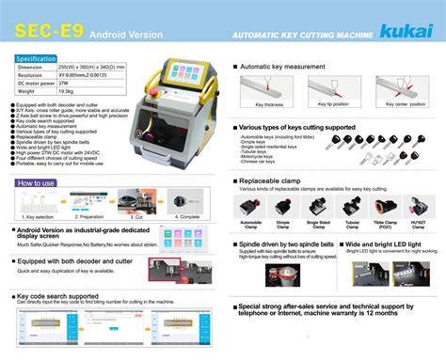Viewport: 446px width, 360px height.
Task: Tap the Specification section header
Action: click(37, 58)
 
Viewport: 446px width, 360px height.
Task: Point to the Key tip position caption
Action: click(332, 104)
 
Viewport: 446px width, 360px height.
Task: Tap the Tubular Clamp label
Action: click(354, 225)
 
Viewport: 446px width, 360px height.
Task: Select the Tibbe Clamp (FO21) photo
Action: click(386, 206)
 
